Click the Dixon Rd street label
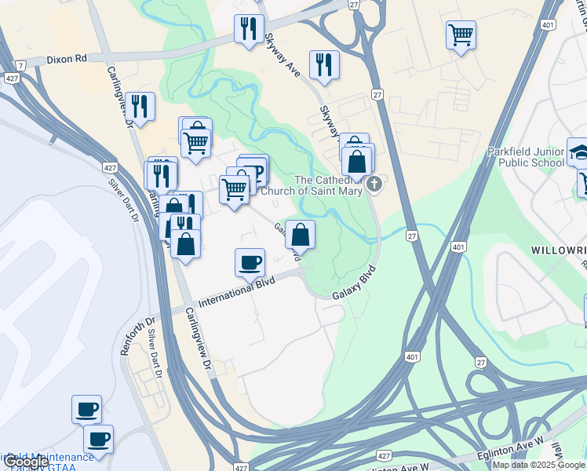66,58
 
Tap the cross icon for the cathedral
375,184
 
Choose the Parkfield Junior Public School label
525,157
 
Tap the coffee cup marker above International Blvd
250,262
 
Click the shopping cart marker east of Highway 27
461,35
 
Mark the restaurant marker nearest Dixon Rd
249,29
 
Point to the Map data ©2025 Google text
538,465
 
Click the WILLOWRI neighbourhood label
558,250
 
